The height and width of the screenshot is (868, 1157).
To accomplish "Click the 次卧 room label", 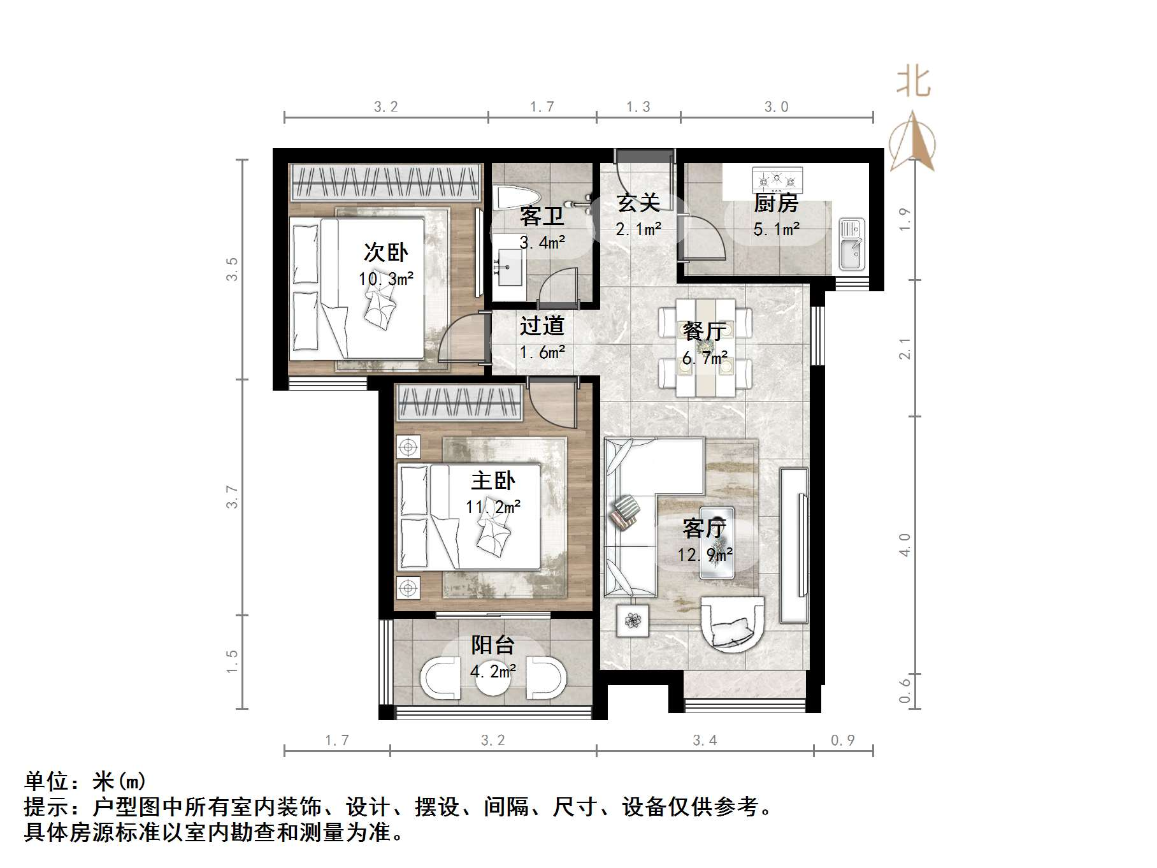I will click(x=385, y=253).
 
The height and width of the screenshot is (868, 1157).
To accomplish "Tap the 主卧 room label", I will click(x=492, y=481).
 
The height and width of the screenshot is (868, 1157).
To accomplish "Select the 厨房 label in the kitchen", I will click(x=775, y=203).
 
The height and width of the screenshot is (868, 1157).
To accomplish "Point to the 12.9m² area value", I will click(x=705, y=554).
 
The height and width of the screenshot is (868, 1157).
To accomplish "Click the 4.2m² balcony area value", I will click(x=492, y=671).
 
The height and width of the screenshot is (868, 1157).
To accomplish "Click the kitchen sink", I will click(x=851, y=244).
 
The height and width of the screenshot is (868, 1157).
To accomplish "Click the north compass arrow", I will click(x=912, y=141).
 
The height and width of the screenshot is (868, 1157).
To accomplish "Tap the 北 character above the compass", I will click(x=913, y=83).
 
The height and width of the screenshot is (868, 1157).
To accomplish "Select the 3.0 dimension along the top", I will click(x=776, y=107).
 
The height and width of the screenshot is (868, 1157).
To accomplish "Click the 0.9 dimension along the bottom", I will click(x=842, y=741).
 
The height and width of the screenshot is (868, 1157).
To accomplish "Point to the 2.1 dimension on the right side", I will click(x=905, y=349).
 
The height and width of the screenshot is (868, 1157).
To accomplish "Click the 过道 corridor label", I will click(x=542, y=326).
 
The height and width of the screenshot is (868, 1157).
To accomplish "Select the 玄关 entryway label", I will click(x=638, y=203).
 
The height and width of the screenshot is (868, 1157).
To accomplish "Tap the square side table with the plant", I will click(x=633, y=620).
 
